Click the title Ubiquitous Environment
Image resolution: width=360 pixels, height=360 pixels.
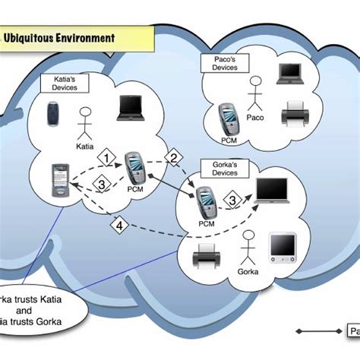coord(58,36)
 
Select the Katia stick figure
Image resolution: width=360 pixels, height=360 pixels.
coord(84,121)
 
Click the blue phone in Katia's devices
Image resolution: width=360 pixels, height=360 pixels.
coord(52,117)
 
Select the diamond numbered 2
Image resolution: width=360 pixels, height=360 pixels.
coord(174,158)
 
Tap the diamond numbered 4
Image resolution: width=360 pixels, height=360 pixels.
coord(118,225)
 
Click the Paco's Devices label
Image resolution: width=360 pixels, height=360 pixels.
coord(221,62)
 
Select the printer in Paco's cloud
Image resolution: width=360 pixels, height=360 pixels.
coord(293,115)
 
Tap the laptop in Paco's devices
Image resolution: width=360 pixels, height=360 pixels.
coord(289,73)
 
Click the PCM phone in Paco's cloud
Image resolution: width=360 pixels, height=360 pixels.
coord(227,117)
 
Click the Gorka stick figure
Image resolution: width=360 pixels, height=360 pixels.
coord(247,248)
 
